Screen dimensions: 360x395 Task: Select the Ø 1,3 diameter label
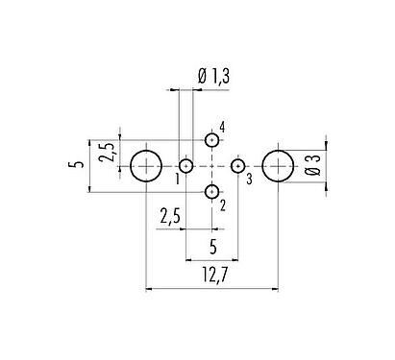(213, 76)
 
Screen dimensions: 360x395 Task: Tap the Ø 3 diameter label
(313, 169)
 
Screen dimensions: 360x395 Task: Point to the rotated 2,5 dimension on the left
(108, 153)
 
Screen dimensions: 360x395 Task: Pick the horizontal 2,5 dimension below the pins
(171, 216)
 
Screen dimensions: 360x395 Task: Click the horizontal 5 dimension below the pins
(212, 245)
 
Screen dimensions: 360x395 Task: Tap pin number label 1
(178, 178)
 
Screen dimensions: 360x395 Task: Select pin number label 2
(222, 204)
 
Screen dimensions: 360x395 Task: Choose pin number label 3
(248, 178)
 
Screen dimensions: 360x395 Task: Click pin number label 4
(222, 128)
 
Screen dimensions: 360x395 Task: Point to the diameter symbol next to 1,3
(200, 76)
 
